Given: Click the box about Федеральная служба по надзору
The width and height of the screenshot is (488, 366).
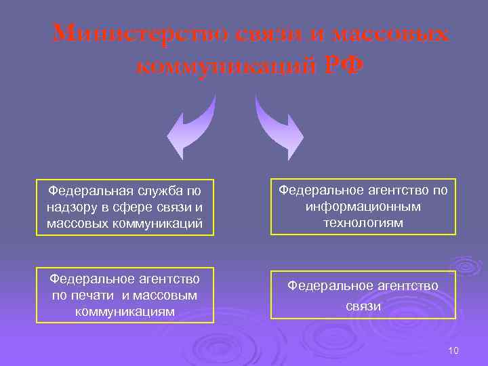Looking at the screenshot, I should (125, 207).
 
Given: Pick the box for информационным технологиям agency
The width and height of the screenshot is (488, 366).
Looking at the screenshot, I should (363, 207).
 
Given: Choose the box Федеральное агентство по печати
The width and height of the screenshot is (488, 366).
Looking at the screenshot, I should (125, 295).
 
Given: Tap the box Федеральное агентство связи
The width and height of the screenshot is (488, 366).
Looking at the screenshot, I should (363, 295).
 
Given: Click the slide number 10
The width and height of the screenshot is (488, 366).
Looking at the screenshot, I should (453, 350).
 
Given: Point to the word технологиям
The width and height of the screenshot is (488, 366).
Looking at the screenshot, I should (363, 222).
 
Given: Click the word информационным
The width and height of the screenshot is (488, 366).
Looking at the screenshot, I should (363, 207).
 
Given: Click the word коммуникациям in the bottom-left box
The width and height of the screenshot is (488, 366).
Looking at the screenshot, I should (125, 311).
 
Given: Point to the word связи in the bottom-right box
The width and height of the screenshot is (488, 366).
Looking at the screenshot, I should (363, 306).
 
